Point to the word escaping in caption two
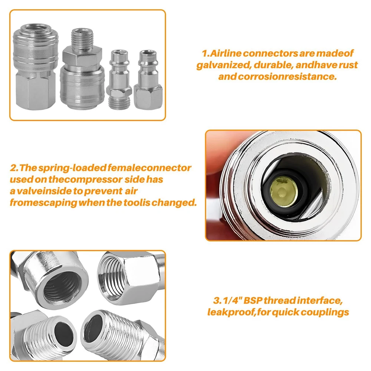pos(54,203)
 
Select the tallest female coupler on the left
pos(35,67)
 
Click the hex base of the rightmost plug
pos(148,96)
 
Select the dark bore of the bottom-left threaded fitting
pos(64,334)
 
